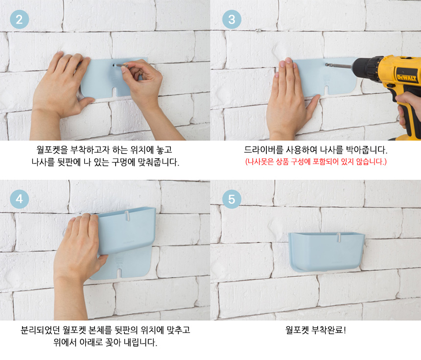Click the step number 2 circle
19,19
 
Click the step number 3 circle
232,19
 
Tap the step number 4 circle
19,199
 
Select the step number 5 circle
232,199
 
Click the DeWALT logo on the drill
407,77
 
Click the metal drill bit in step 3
339,65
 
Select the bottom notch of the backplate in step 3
327,90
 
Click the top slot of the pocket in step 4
127,216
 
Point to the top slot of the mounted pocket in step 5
339,238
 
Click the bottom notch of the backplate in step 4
119,272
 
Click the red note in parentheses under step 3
316,162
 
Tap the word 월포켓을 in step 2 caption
52,150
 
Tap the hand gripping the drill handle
408,107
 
